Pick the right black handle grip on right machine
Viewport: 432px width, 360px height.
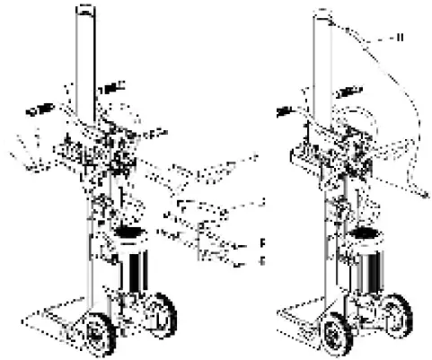click(348, 92)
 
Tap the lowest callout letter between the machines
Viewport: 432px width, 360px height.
click(261, 260)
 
